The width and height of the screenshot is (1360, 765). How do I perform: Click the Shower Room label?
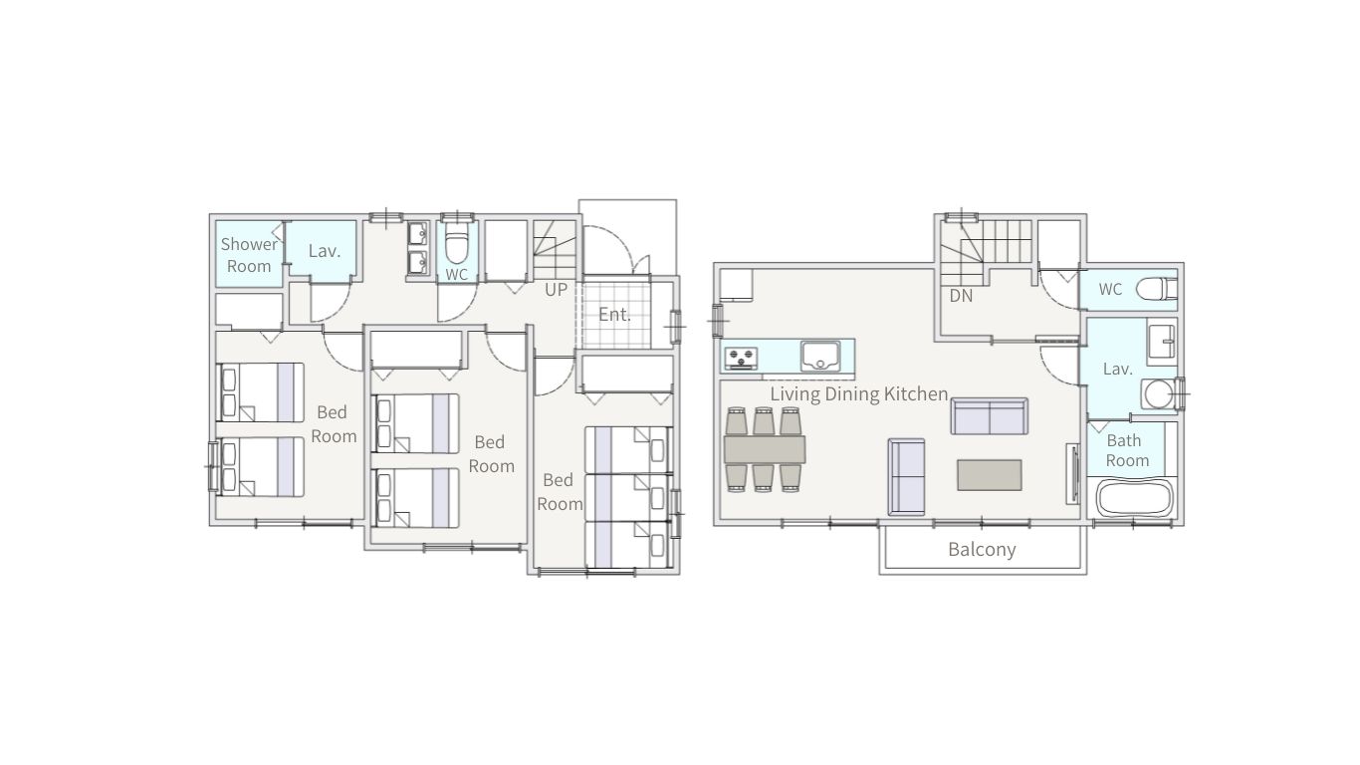click(248, 255)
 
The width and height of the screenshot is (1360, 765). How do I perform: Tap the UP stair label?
click(556, 290)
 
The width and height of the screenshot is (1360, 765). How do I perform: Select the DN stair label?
click(961, 296)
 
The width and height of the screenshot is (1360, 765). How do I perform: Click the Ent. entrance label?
click(614, 314)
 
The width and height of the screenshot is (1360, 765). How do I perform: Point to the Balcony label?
click(982, 549)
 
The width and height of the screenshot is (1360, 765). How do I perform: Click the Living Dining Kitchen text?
click(859, 393)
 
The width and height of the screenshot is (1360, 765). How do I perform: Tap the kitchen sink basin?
click(820, 356)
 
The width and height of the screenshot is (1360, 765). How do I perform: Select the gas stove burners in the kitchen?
click(741, 358)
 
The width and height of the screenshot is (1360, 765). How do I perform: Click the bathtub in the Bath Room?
click(1134, 498)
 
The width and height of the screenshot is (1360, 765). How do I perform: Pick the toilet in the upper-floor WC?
click(1156, 289)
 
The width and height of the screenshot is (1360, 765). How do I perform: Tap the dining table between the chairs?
click(765, 449)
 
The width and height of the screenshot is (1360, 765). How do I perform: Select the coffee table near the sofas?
click(990, 475)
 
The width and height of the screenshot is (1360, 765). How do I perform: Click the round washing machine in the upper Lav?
click(1157, 393)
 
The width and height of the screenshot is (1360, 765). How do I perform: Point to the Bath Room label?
click(1127, 450)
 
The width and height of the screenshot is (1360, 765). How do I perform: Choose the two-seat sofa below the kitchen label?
click(989, 416)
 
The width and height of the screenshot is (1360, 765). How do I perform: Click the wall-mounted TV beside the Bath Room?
click(1072, 474)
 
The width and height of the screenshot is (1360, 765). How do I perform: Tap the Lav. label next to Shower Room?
click(325, 251)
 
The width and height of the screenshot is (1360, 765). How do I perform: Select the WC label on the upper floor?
click(1110, 289)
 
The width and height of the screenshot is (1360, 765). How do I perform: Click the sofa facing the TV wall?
click(906, 476)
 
